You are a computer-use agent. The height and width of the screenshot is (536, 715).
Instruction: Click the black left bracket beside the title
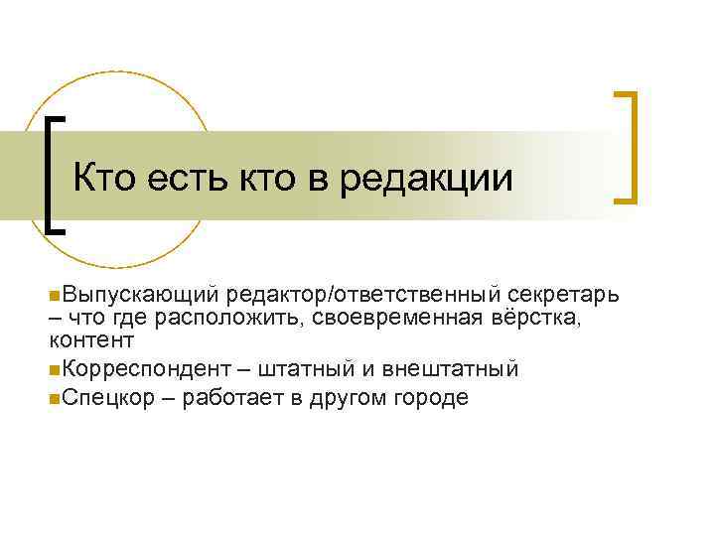[x=53, y=174]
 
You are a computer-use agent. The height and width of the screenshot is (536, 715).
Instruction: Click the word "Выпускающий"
[x=139, y=295]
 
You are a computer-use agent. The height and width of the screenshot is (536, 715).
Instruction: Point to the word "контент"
[x=90, y=339]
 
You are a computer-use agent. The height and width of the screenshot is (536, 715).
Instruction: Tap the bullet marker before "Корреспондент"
[x=53, y=370]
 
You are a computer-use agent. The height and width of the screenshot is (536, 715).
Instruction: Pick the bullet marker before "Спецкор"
[x=53, y=398]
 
